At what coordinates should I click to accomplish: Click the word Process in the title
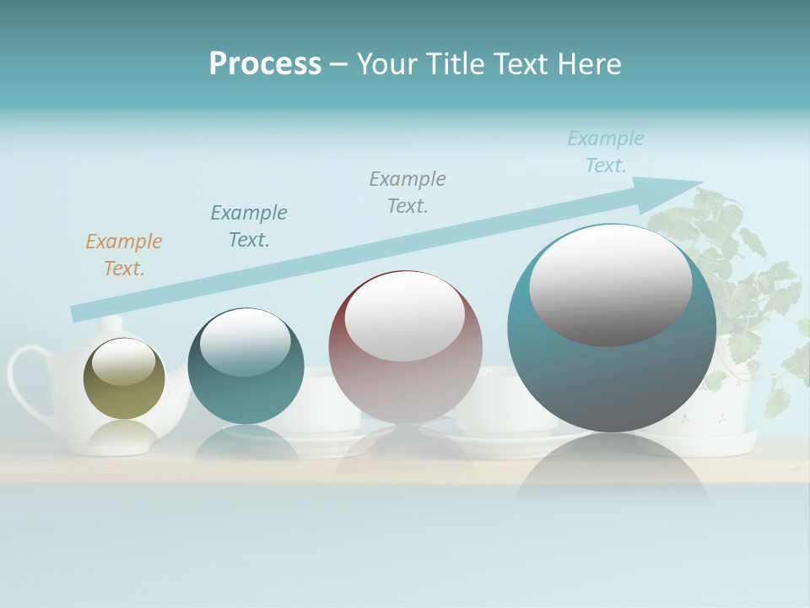tap(265, 64)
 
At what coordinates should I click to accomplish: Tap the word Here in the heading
tap(589, 64)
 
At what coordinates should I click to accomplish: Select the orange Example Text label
tap(123, 255)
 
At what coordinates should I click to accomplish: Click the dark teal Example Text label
tap(249, 226)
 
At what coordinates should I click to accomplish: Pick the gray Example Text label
tap(408, 193)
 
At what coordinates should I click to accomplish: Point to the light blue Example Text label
tap(605, 152)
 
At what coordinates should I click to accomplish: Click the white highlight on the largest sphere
tap(610, 285)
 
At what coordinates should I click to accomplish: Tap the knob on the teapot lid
tap(112, 323)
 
